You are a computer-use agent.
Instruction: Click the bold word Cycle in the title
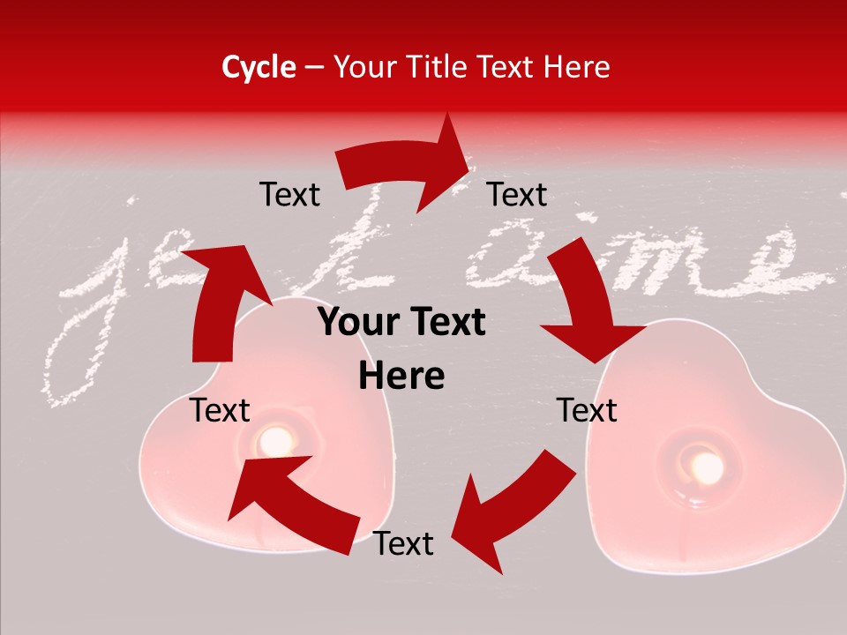point(258,67)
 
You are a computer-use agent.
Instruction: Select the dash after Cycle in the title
point(314,68)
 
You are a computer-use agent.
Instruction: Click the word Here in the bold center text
point(401,377)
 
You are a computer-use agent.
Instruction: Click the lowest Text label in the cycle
point(403,544)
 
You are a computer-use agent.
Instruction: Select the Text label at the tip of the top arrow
point(517,194)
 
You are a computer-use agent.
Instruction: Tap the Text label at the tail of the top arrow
point(289,194)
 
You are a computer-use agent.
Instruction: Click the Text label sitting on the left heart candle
point(221,410)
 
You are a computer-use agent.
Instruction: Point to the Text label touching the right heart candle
point(587,410)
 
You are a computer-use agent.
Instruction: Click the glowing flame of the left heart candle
point(276,439)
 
